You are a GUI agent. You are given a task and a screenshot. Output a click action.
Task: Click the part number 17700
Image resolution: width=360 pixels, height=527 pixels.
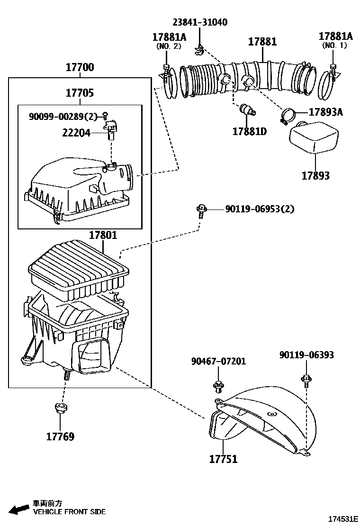tap(80, 68)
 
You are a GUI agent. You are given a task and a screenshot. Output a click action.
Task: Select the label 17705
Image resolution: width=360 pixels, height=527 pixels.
tap(80, 93)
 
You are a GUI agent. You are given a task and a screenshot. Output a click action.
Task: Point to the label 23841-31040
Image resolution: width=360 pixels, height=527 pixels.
tap(199, 22)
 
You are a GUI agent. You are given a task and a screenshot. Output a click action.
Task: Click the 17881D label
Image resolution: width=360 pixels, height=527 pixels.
tap(249, 131)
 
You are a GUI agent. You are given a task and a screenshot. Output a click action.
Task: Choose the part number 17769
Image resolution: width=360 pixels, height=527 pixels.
tap(60, 436)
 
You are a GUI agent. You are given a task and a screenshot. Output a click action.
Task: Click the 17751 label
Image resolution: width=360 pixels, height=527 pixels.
tap(223, 459)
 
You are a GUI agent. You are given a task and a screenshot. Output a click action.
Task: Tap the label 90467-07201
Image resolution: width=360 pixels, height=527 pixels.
tap(218, 361)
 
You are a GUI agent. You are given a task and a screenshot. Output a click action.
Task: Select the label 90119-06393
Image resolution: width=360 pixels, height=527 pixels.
tap(306, 355)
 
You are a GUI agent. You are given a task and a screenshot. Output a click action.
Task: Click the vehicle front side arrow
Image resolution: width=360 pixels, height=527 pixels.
tap(18, 509)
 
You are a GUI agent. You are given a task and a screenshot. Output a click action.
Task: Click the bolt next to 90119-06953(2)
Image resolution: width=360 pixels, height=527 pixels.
tap(201, 210)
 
